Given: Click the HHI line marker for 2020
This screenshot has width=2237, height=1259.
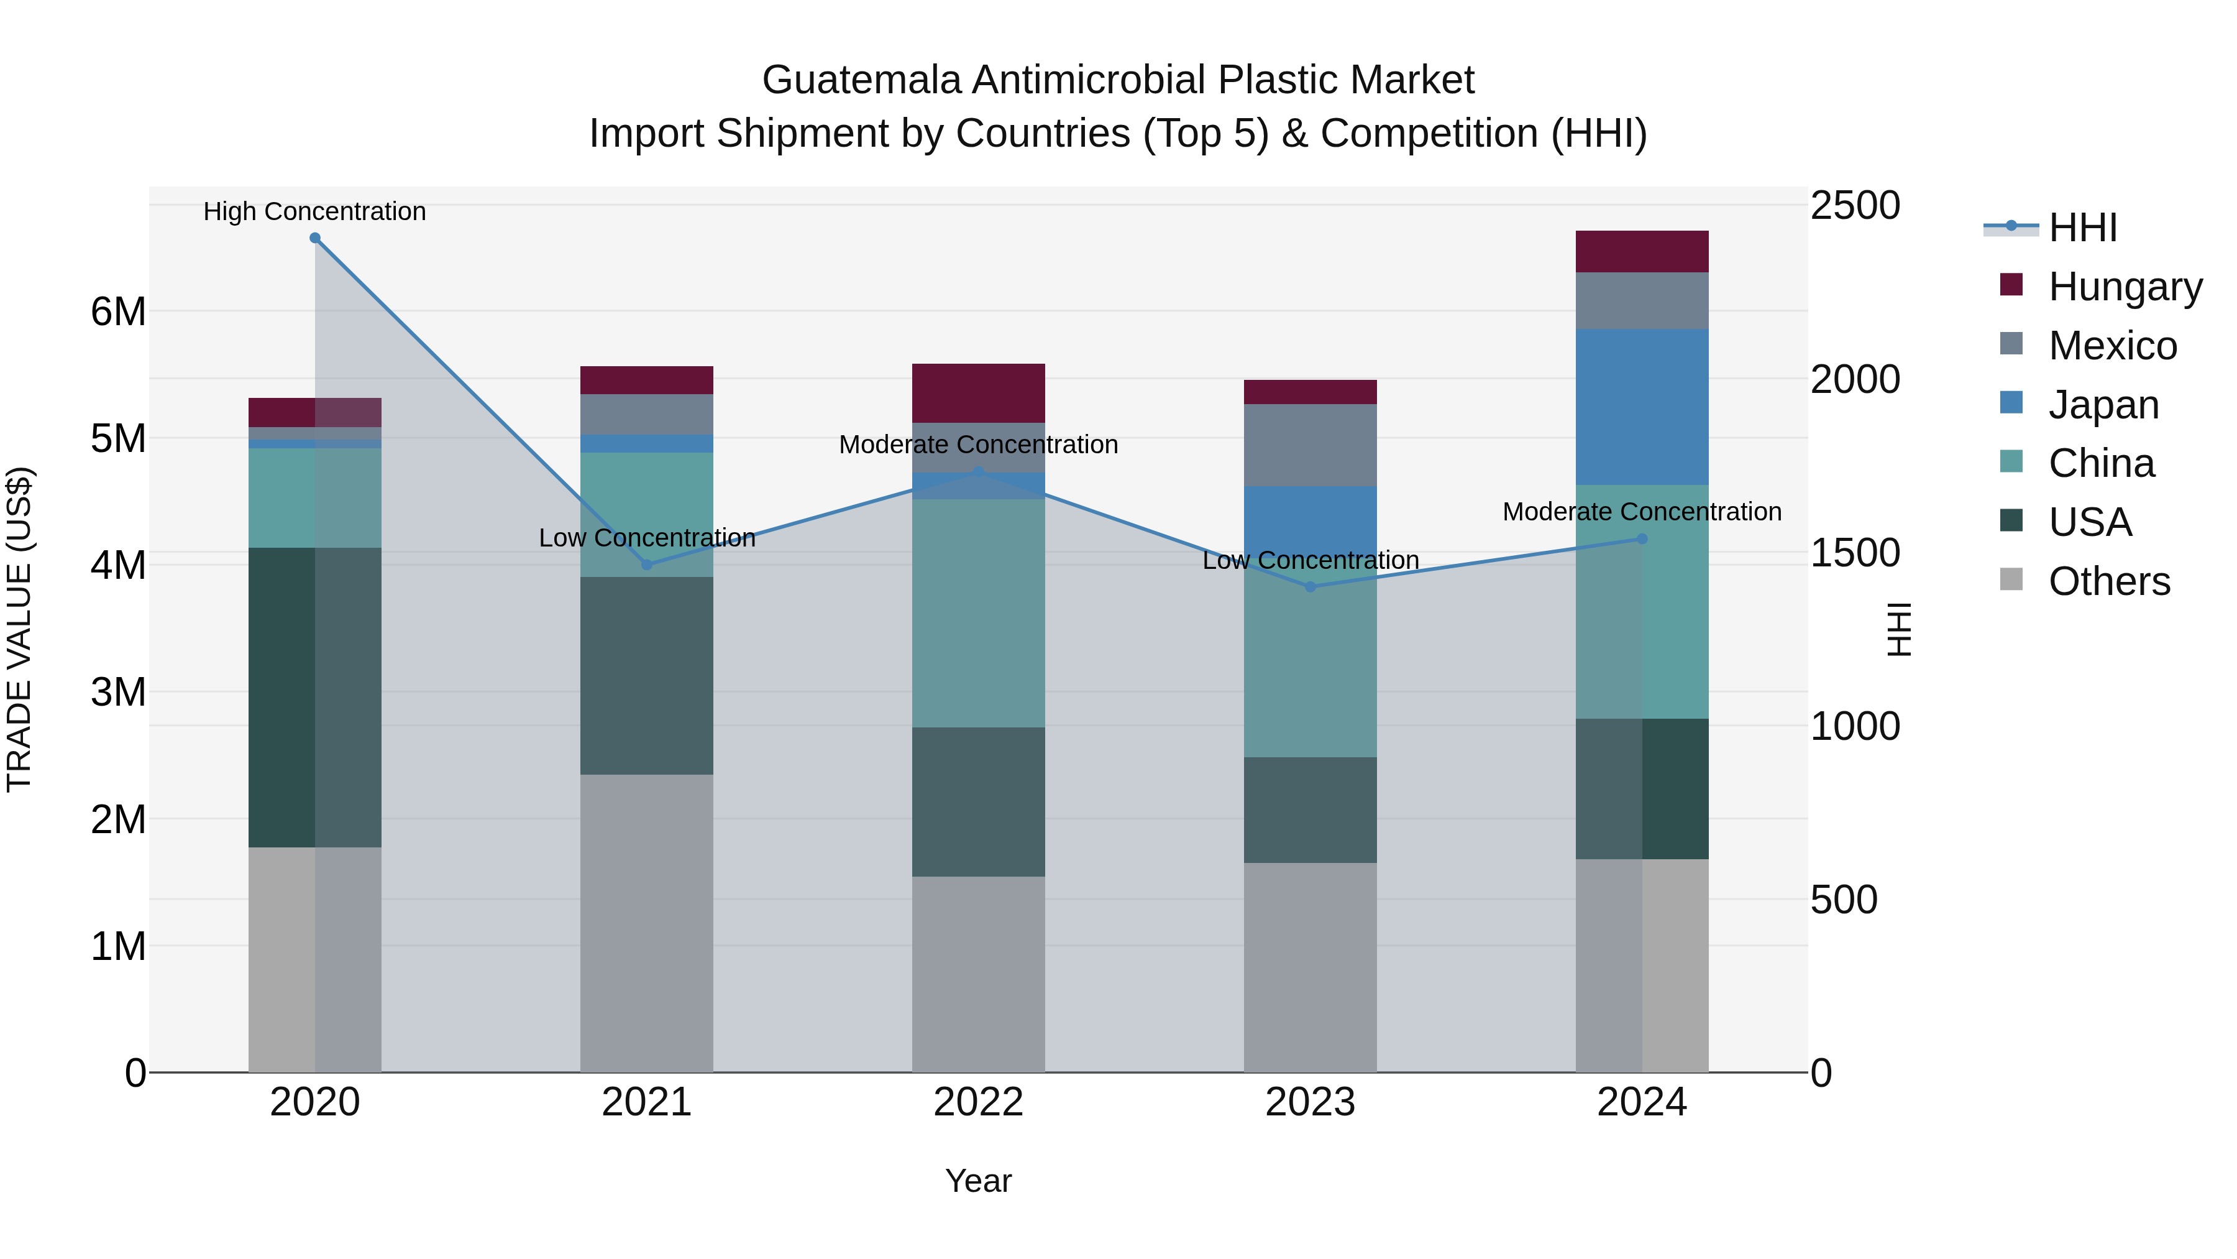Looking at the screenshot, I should tap(315, 238).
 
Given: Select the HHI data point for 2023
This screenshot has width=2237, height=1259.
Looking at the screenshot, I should tap(1311, 586).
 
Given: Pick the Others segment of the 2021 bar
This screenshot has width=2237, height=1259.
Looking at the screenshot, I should tap(646, 923).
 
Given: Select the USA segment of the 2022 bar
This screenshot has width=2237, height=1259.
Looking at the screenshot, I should tap(978, 802).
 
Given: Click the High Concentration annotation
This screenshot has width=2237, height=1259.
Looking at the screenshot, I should tap(314, 212).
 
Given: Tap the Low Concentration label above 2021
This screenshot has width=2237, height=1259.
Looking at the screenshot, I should tap(647, 538).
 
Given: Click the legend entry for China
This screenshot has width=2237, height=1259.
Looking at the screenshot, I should tap(2101, 463).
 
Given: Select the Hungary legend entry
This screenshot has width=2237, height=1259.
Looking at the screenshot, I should tap(2124, 287).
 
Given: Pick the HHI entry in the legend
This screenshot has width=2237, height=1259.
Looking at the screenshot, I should tap(2082, 228).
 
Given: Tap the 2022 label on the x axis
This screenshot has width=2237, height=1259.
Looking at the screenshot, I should tap(978, 1102).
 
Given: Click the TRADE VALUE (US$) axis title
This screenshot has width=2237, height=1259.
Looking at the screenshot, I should tap(19, 629).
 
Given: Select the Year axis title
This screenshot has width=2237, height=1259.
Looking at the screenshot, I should tap(978, 1181).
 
